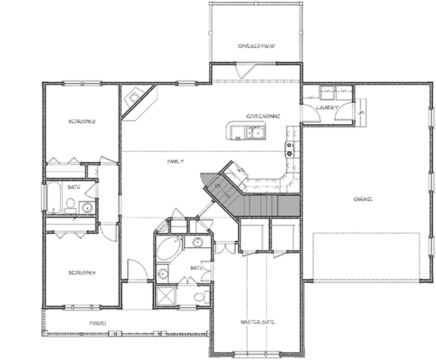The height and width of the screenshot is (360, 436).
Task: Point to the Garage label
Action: (x=362, y=200)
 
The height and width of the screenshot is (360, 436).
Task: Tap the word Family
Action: (x=176, y=162)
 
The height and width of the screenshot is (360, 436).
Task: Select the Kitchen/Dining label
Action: (x=263, y=116)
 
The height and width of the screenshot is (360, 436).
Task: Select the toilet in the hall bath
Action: (x=71, y=204)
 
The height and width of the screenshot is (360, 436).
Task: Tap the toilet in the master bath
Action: (x=199, y=297)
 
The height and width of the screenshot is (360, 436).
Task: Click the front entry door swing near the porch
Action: (x=136, y=271)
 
